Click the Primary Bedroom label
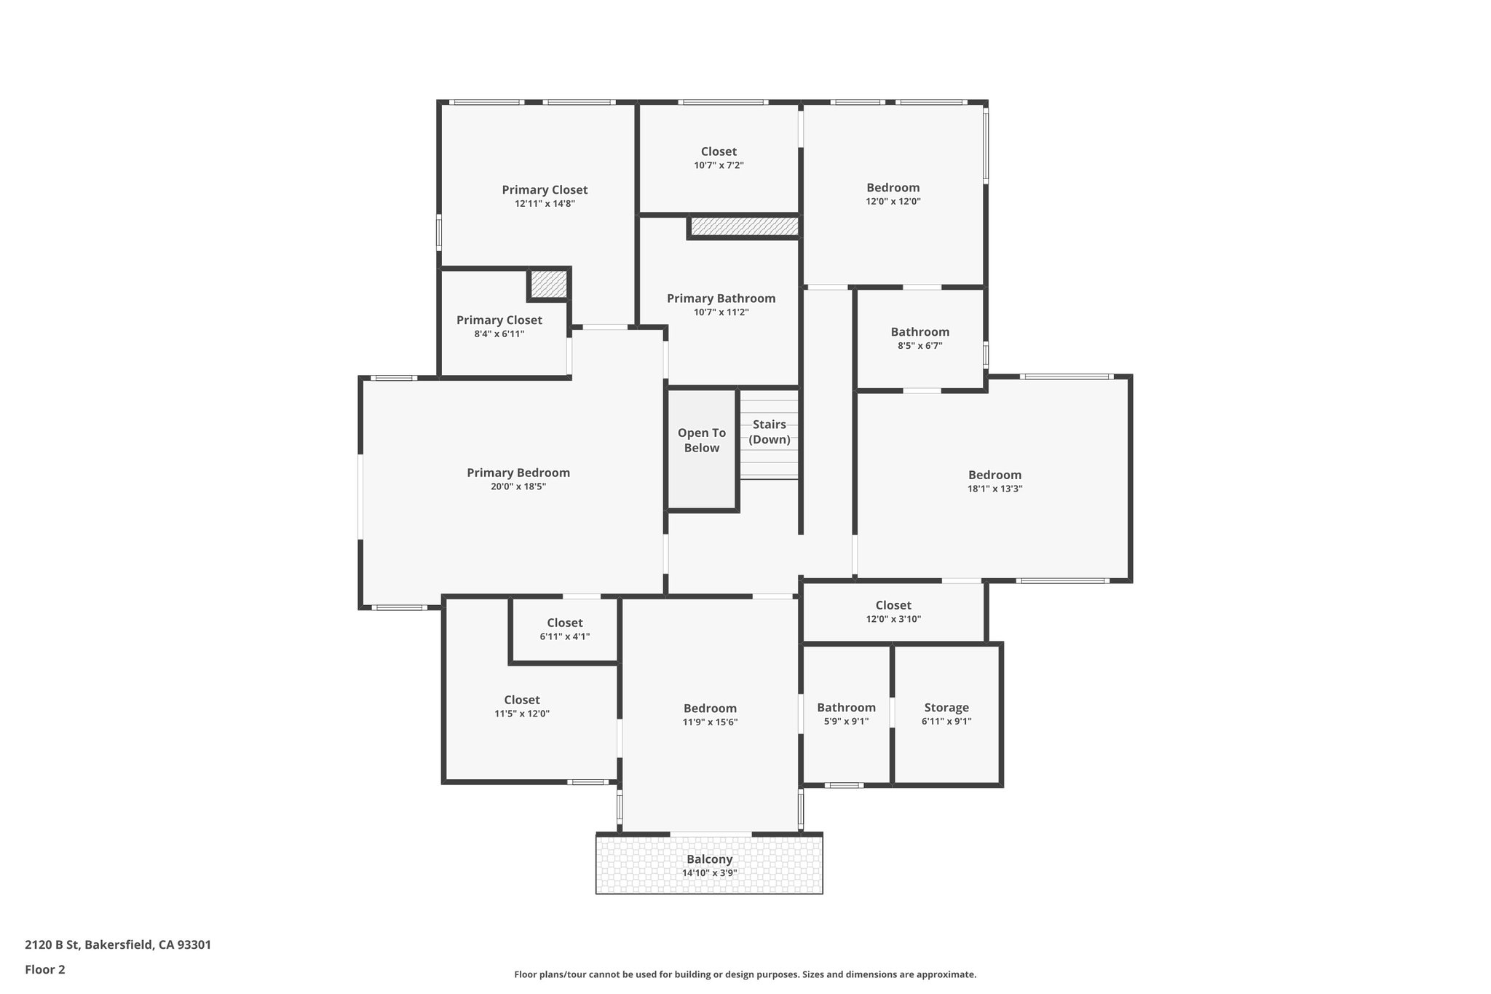coord(518,473)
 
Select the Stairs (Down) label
coord(769,432)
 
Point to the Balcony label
coord(709,859)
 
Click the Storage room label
coord(946,707)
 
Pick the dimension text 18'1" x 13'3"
coord(994,489)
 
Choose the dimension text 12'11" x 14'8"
coord(545,204)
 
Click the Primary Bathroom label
coord(721,299)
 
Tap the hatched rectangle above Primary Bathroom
coord(743,226)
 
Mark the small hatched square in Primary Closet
coord(548,284)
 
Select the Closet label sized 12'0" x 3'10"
coord(893,605)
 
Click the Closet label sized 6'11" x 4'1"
coord(564,623)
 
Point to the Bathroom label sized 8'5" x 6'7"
coord(919,332)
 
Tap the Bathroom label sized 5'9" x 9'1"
coord(845,707)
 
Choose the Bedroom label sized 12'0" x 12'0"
coord(893,188)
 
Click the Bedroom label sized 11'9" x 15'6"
coord(709,708)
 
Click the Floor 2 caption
coord(45,969)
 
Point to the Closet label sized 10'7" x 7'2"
coord(718,151)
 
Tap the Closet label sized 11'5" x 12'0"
coord(521,700)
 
